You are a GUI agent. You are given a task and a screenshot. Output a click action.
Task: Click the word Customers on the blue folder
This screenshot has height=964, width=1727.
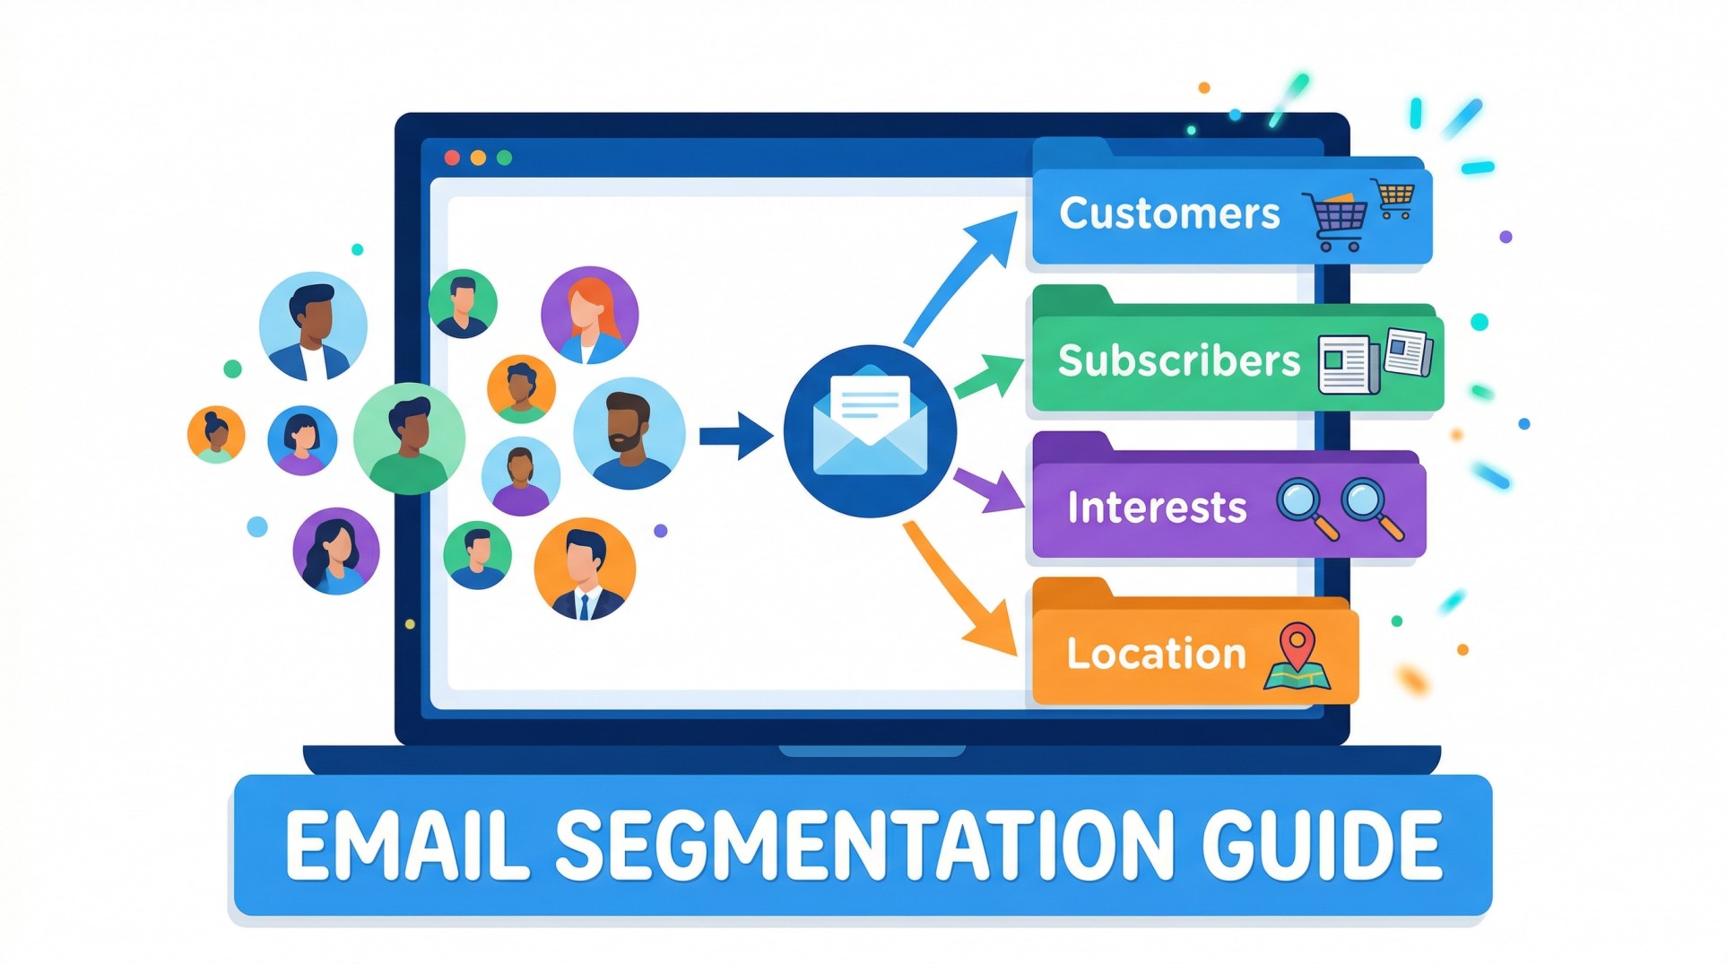[x=1168, y=213]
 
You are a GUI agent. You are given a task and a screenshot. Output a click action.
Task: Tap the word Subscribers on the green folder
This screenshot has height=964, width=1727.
[x=1177, y=360]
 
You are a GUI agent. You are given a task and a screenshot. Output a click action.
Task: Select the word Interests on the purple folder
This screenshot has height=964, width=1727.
[x=1156, y=508]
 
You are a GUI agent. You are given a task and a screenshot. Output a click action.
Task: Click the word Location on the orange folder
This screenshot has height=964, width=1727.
[x=1155, y=654]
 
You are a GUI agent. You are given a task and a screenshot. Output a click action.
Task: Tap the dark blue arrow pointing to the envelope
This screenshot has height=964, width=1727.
[x=735, y=436]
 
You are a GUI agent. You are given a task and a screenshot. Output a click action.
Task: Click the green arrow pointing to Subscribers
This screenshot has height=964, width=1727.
[x=990, y=376]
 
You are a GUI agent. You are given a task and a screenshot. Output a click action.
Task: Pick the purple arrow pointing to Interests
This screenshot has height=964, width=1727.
[x=988, y=489]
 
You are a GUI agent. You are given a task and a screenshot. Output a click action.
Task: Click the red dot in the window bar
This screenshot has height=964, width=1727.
[x=452, y=158]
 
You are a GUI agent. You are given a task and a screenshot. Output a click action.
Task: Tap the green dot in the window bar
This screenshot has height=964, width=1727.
[x=504, y=158]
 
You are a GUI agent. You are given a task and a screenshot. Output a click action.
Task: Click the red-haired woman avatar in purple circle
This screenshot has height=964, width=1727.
[x=589, y=315]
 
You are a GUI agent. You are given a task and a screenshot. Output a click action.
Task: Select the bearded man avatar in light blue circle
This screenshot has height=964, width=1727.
[x=629, y=432]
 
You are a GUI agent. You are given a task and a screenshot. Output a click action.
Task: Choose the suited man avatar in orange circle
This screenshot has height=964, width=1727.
[x=585, y=569]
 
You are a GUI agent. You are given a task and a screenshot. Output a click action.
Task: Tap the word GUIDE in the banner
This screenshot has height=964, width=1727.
[x=1321, y=846]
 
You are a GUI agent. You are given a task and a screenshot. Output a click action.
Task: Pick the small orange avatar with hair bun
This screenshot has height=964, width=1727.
[x=216, y=434]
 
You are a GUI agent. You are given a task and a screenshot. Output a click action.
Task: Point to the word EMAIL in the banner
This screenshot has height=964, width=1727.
[x=407, y=846]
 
